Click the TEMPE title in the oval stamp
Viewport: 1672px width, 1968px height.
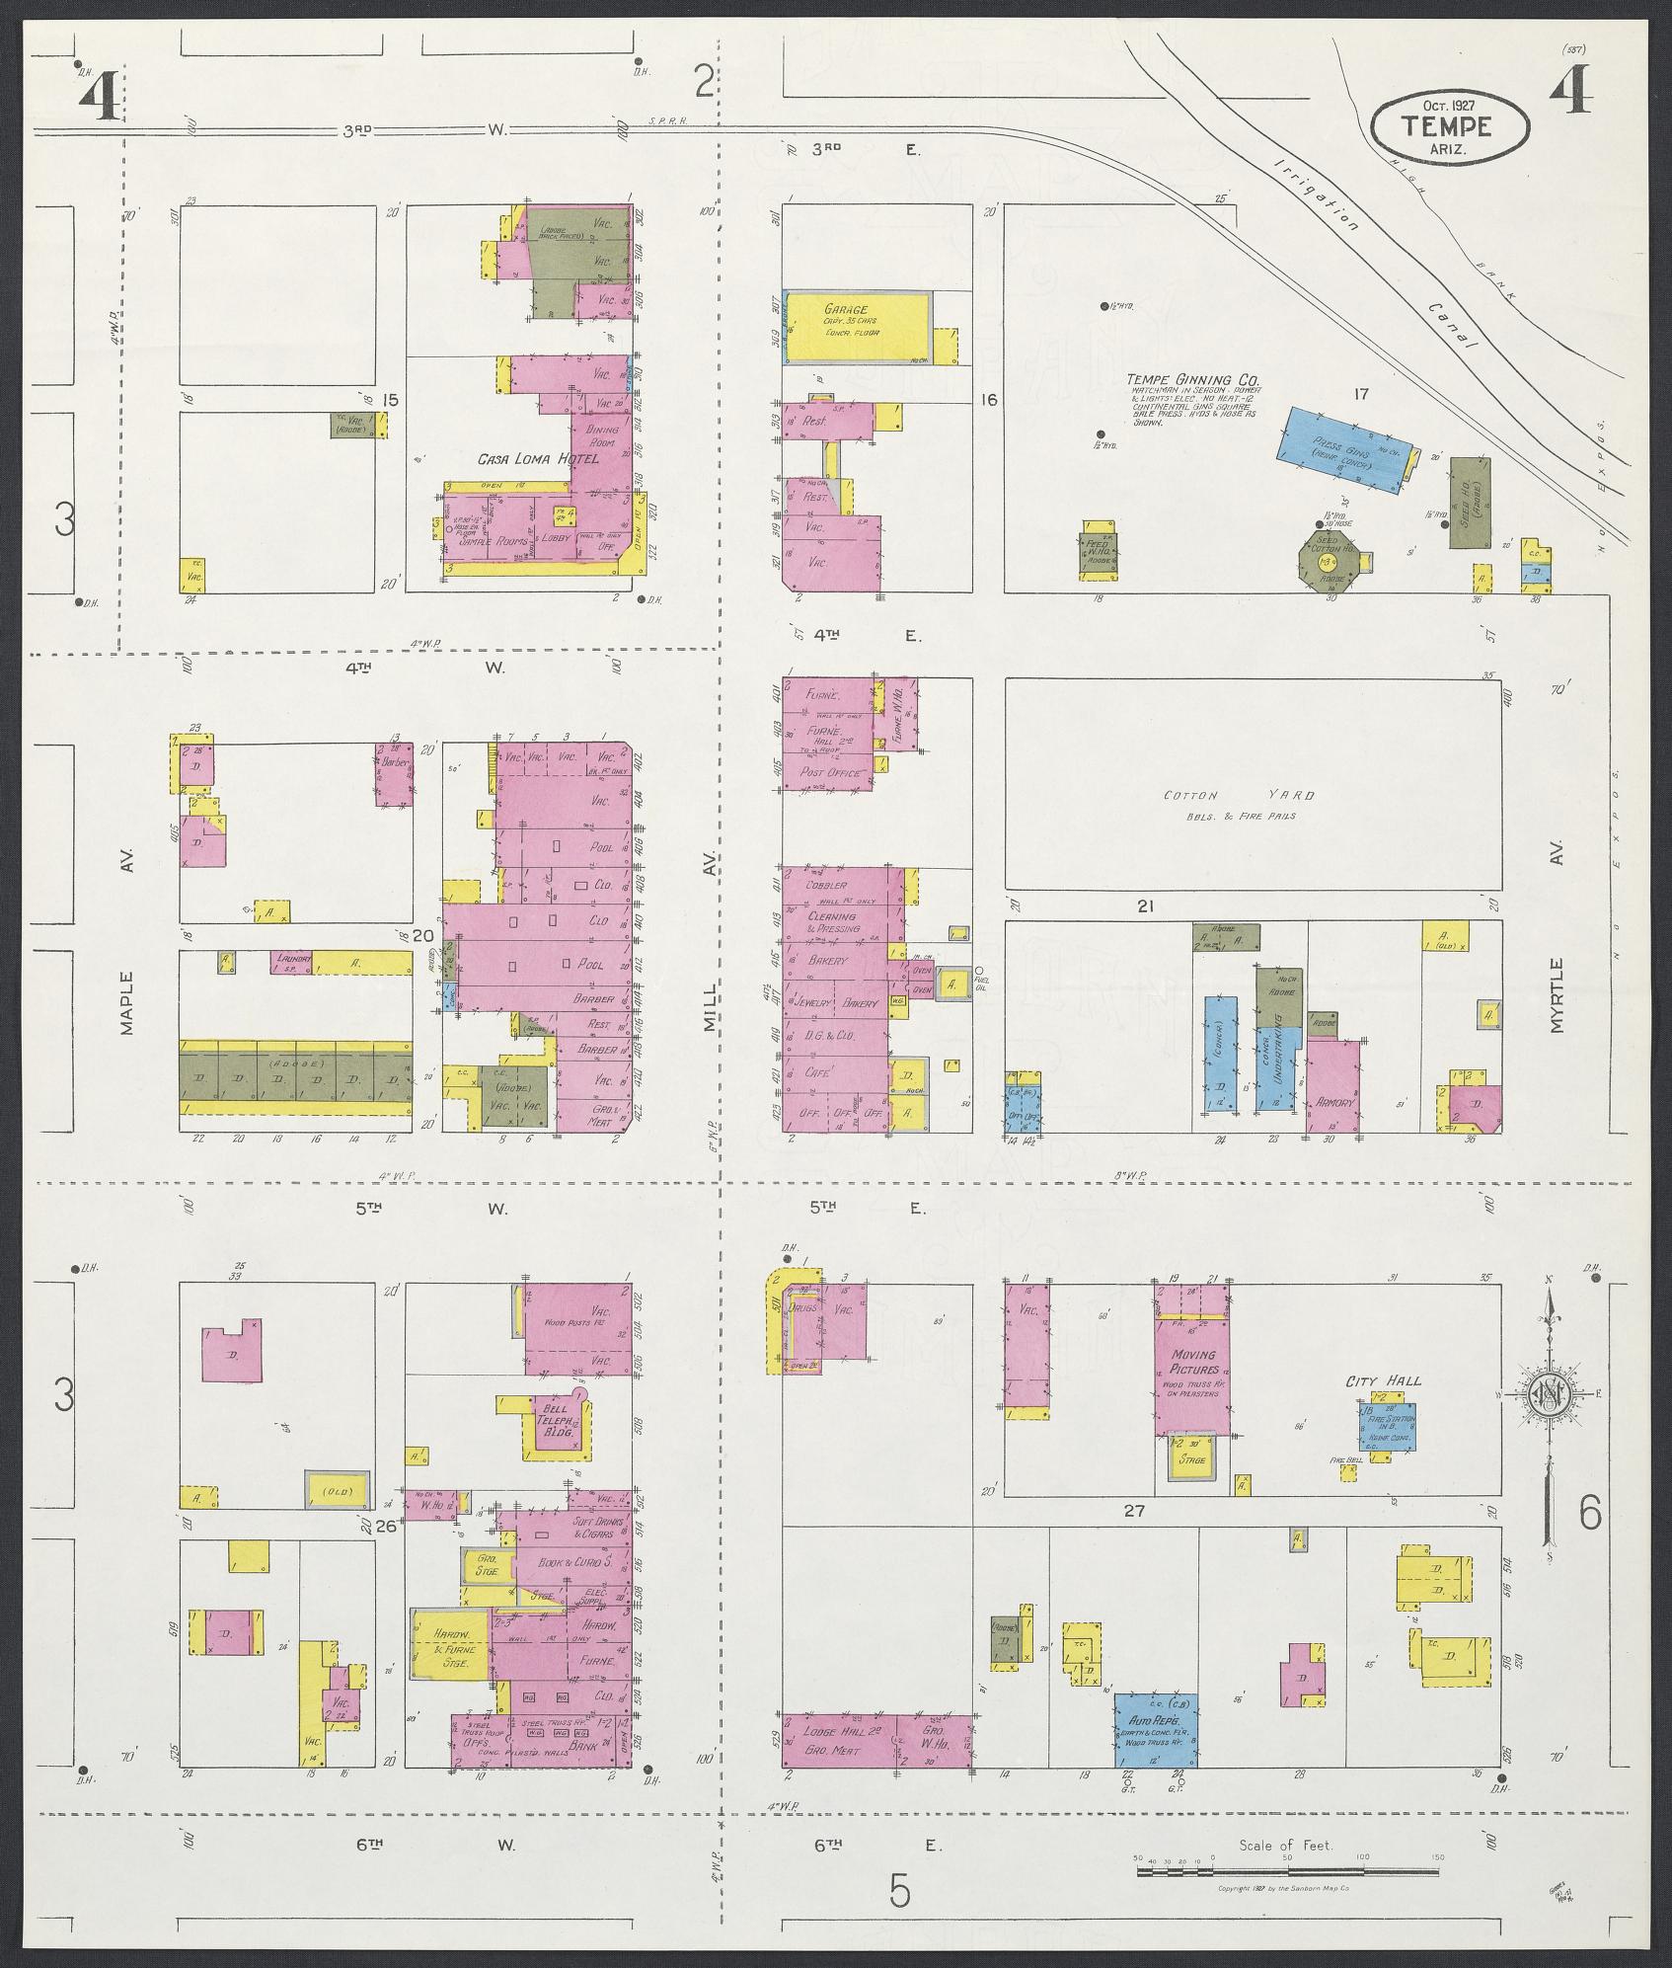pyautogui.click(x=1448, y=126)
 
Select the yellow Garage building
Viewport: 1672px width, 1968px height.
pyautogui.click(x=855, y=327)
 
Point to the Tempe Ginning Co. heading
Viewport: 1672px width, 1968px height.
pyautogui.click(x=1193, y=379)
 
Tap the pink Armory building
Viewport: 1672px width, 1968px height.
pyautogui.click(x=1332, y=1083)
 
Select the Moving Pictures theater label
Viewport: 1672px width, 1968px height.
pyautogui.click(x=1192, y=1363)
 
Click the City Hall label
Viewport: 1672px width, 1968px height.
pyautogui.click(x=1384, y=1380)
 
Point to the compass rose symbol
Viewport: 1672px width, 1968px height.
pyautogui.click(x=1549, y=1393)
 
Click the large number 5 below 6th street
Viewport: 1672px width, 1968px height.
pyautogui.click(x=898, y=1890)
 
